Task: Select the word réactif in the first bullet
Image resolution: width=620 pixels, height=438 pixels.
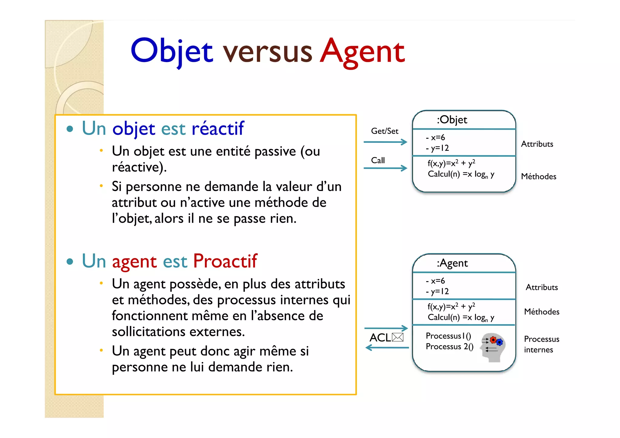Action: [218, 128]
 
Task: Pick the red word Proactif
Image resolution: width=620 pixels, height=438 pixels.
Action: [225, 261]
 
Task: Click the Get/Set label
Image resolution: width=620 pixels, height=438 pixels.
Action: [384, 131]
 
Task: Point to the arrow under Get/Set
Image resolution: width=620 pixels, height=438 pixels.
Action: [385, 142]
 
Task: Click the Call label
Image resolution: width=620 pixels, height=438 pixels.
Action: [378, 160]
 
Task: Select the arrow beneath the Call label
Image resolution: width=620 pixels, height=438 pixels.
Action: [385, 168]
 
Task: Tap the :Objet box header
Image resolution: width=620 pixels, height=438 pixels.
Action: [452, 120]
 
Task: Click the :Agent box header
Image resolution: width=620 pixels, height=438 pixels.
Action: [452, 263]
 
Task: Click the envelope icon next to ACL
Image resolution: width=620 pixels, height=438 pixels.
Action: [397, 337]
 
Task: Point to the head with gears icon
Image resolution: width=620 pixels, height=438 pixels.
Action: [493, 347]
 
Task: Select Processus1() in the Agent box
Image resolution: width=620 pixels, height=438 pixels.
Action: [448, 336]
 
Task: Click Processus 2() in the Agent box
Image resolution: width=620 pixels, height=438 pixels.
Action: [450, 347]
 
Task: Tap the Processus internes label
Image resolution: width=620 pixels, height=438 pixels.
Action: [541, 344]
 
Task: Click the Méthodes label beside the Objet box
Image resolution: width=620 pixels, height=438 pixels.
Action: [539, 176]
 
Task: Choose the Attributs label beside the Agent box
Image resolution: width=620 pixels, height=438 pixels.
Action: [542, 287]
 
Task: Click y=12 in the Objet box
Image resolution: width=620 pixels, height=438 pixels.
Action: [440, 148]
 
